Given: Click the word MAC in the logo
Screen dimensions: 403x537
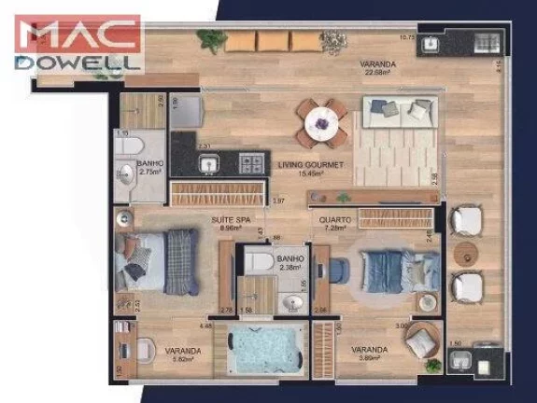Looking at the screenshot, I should (x=79, y=35).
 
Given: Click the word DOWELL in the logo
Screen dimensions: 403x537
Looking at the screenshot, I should (x=78, y=63).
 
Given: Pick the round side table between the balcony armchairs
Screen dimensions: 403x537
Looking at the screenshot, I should (x=464, y=253).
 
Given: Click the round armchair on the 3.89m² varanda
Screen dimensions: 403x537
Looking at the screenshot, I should (x=420, y=338).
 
